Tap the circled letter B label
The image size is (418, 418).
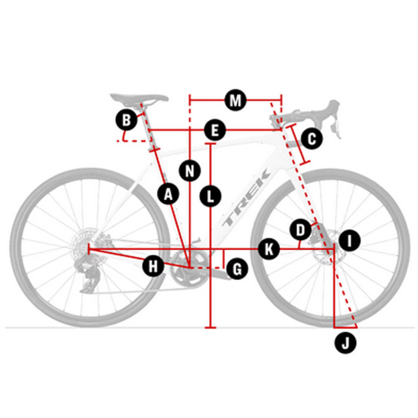[126, 120]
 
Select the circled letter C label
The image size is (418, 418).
[311, 139]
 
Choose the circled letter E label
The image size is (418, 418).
[215, 130]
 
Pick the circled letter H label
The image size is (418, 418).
[153, 266]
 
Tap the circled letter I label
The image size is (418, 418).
[350, 240]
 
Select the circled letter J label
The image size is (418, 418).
[345, 342]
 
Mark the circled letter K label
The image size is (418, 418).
[269, 249]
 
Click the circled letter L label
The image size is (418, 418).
[211, 196]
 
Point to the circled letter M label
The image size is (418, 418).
[236, 100]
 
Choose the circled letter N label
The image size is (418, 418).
[190, 171]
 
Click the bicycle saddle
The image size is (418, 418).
[139, 99]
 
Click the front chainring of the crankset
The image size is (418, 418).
[190, 267]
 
